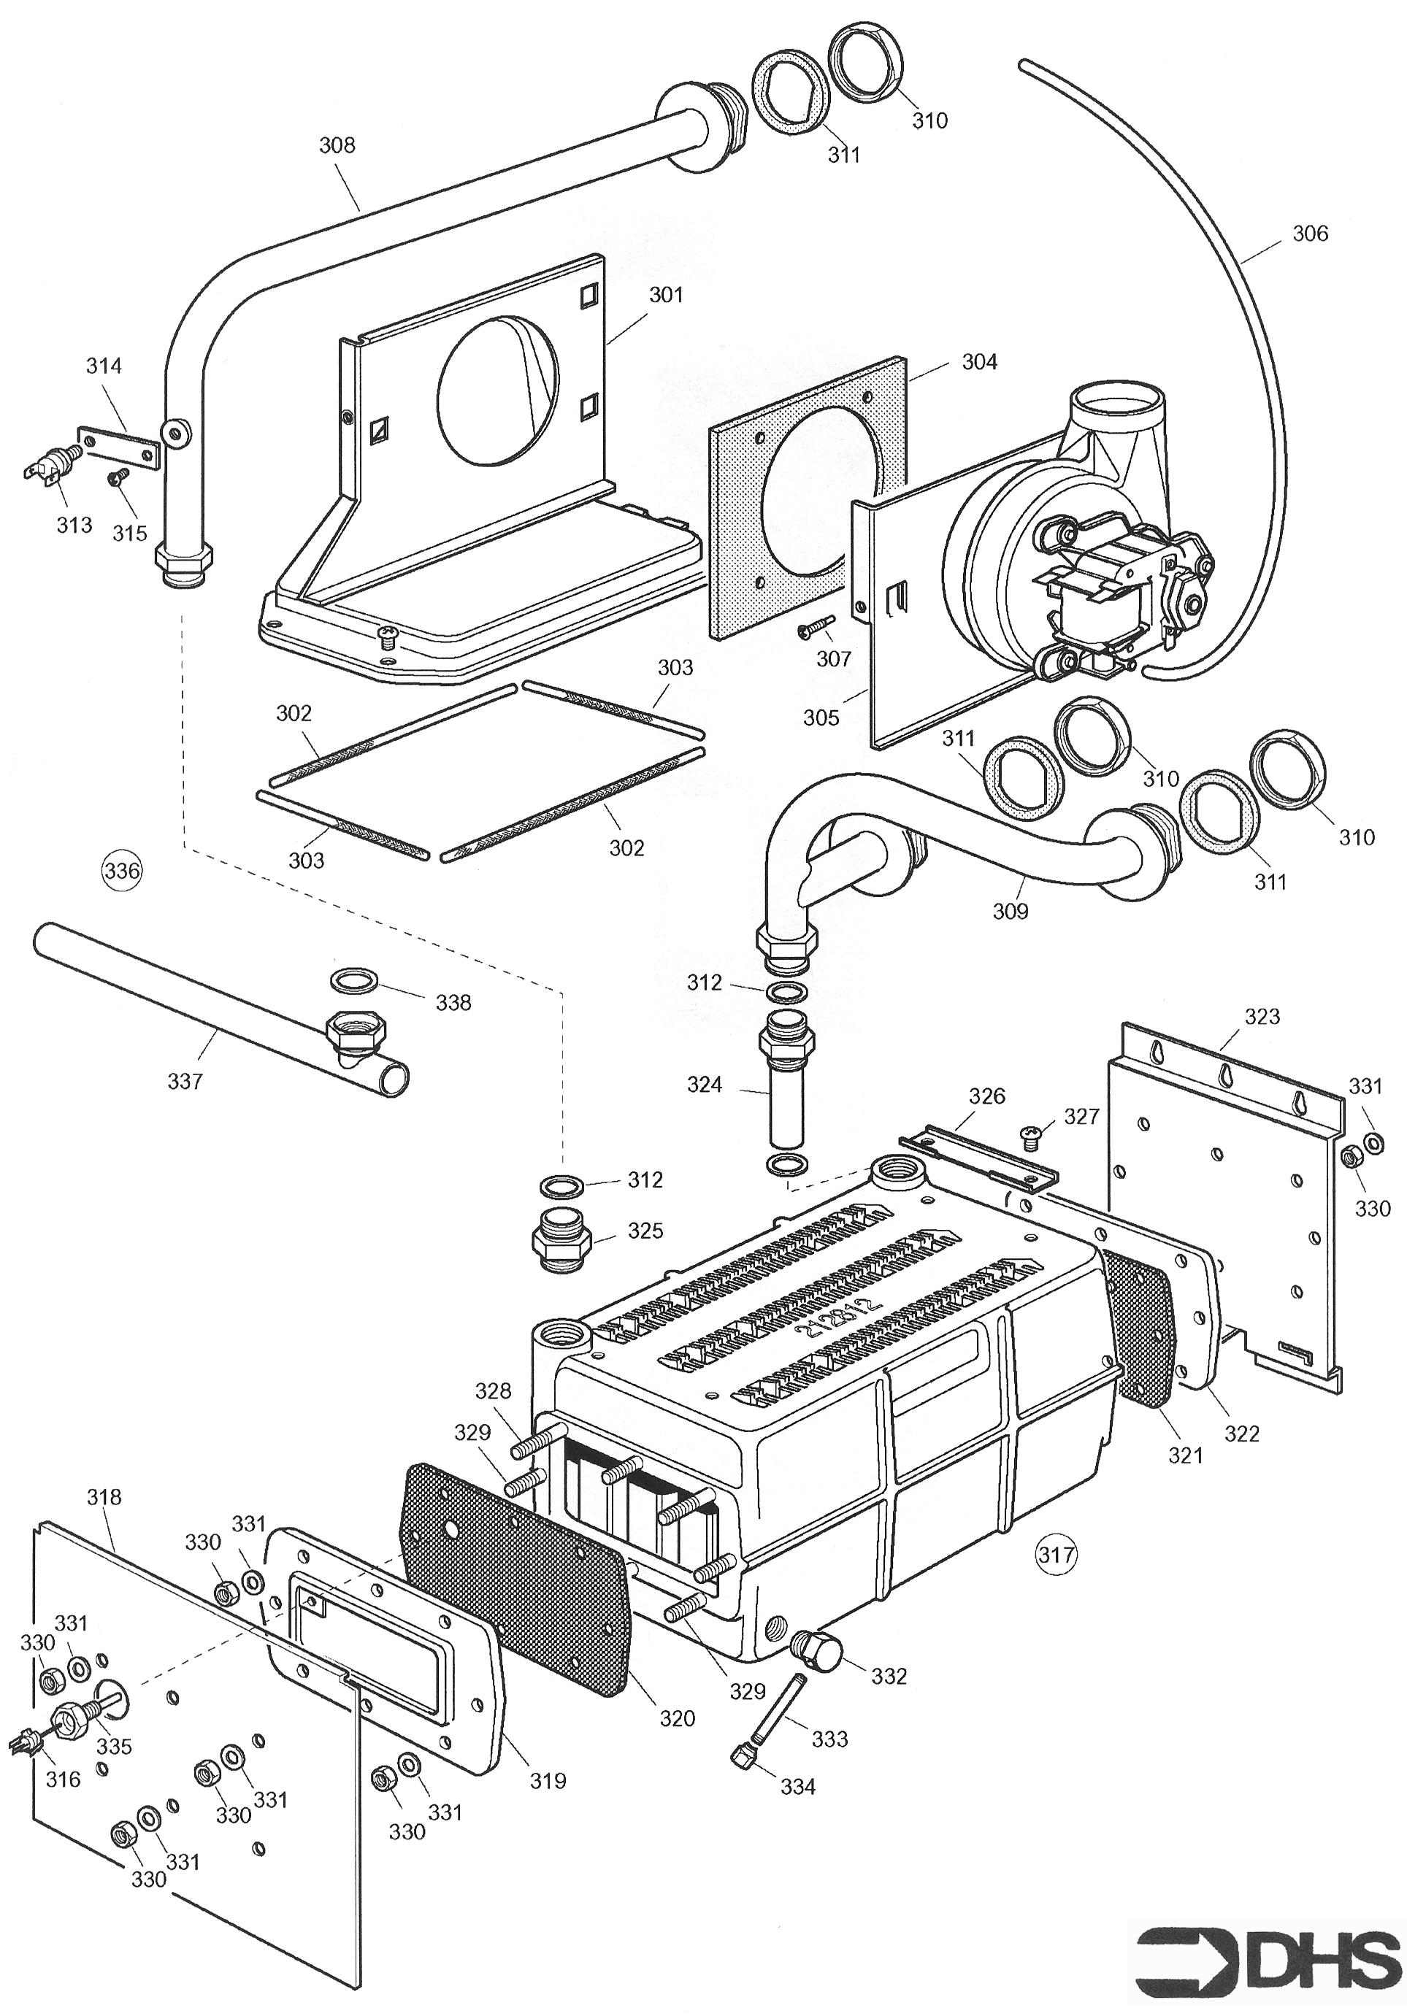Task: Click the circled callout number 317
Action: click(1056, 1554)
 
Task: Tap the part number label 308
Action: click(337, 145)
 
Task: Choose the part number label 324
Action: click(705, 1085)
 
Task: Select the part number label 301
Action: click(666, 295)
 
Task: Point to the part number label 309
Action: click(1010, 912)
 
